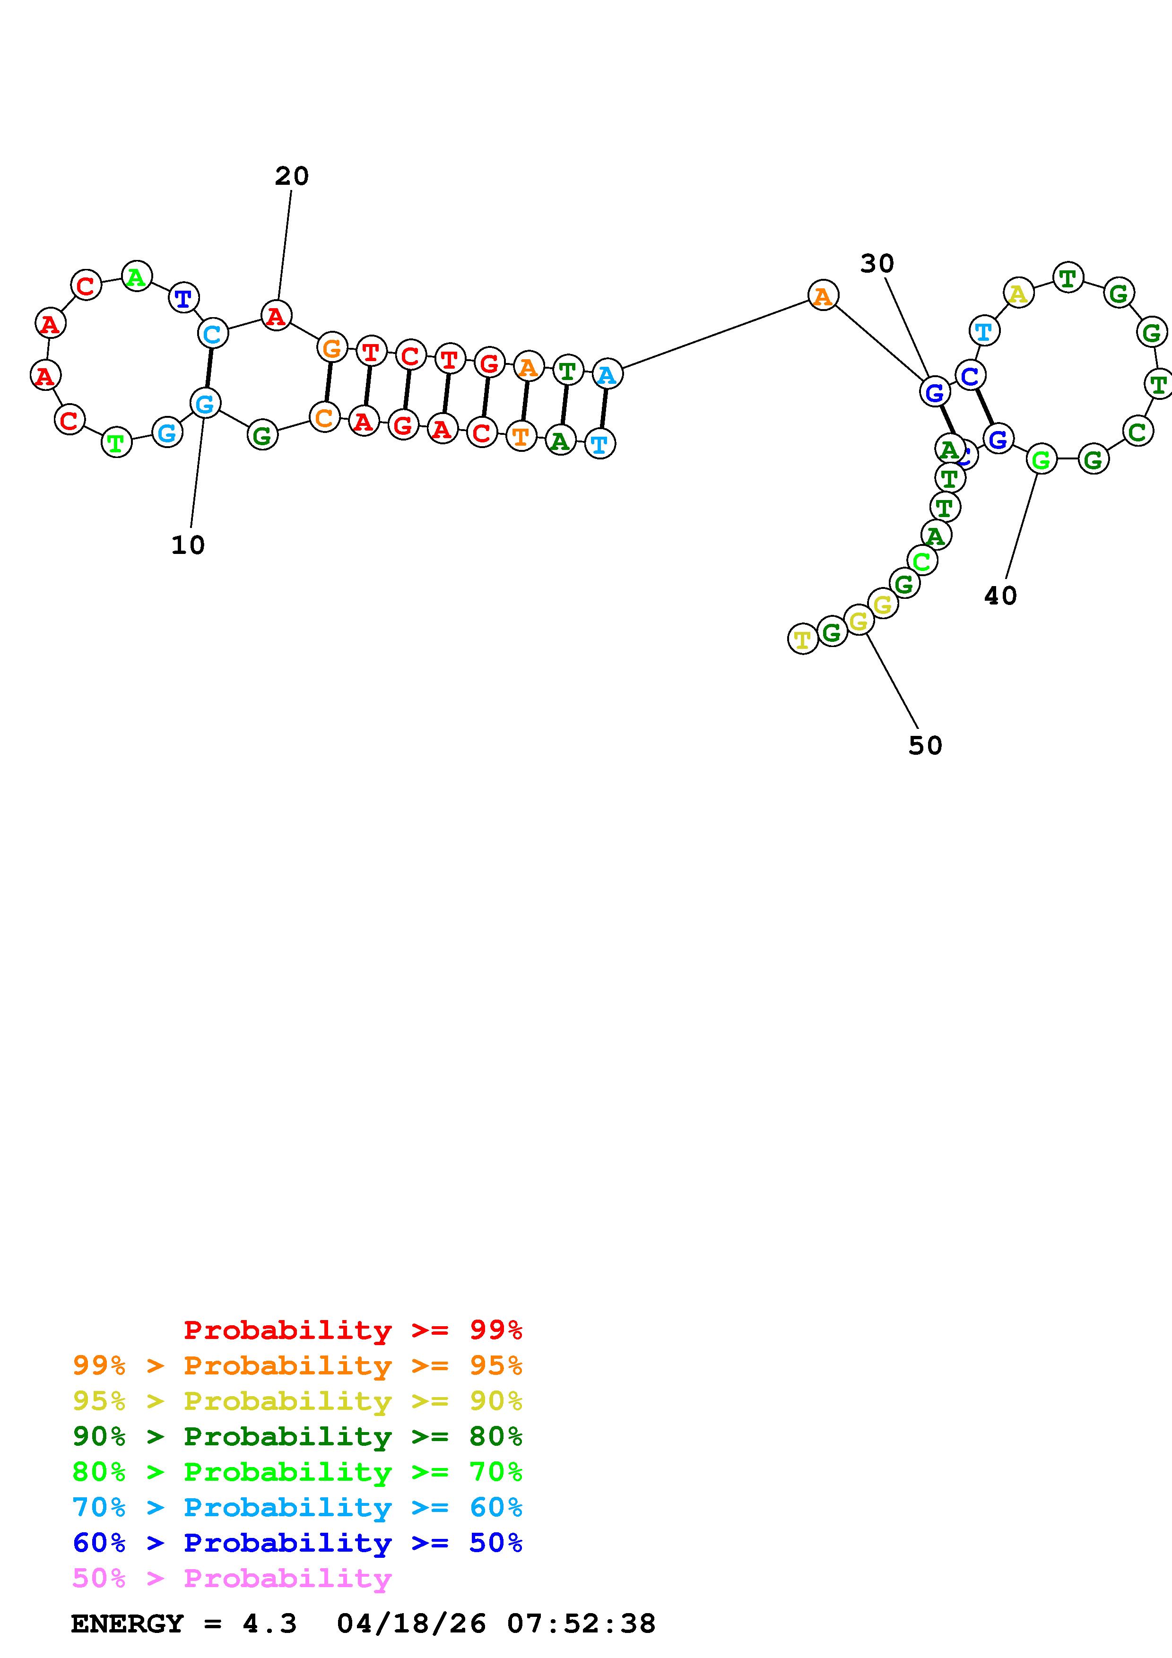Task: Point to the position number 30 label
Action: pos(877,264)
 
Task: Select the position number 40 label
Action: pos(1000,596)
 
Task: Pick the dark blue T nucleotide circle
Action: pos(183,297)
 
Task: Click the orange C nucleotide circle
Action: pos(324,417)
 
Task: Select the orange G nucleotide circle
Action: pos(331,348)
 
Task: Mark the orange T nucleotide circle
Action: pos(521,436)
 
